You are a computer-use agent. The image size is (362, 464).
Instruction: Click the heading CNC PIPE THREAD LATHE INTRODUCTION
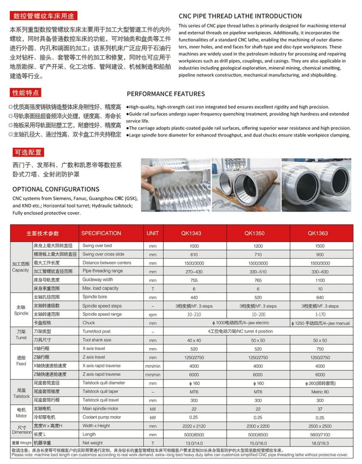[240, 16]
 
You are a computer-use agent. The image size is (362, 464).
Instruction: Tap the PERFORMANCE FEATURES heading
[166, 94]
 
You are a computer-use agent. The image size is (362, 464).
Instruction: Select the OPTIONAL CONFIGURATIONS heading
[56, 189]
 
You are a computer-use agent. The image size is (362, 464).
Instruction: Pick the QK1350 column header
[258, 233]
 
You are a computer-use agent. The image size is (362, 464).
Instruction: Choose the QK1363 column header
[320, 233]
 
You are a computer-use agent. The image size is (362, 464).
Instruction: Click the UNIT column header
[153, 233]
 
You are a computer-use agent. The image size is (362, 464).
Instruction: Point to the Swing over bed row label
[97, 245]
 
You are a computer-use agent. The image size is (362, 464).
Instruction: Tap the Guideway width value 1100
[320, 280]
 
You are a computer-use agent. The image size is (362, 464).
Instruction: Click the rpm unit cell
[153, 314]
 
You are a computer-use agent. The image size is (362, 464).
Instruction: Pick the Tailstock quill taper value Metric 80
[320, 392]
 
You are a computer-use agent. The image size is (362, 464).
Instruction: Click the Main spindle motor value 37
[320, 409]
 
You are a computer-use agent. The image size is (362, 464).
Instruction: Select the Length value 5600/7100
[320, 434]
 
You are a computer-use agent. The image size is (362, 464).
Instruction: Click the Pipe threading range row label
[103, 271]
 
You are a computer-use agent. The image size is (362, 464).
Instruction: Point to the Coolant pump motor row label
[102, 417]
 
